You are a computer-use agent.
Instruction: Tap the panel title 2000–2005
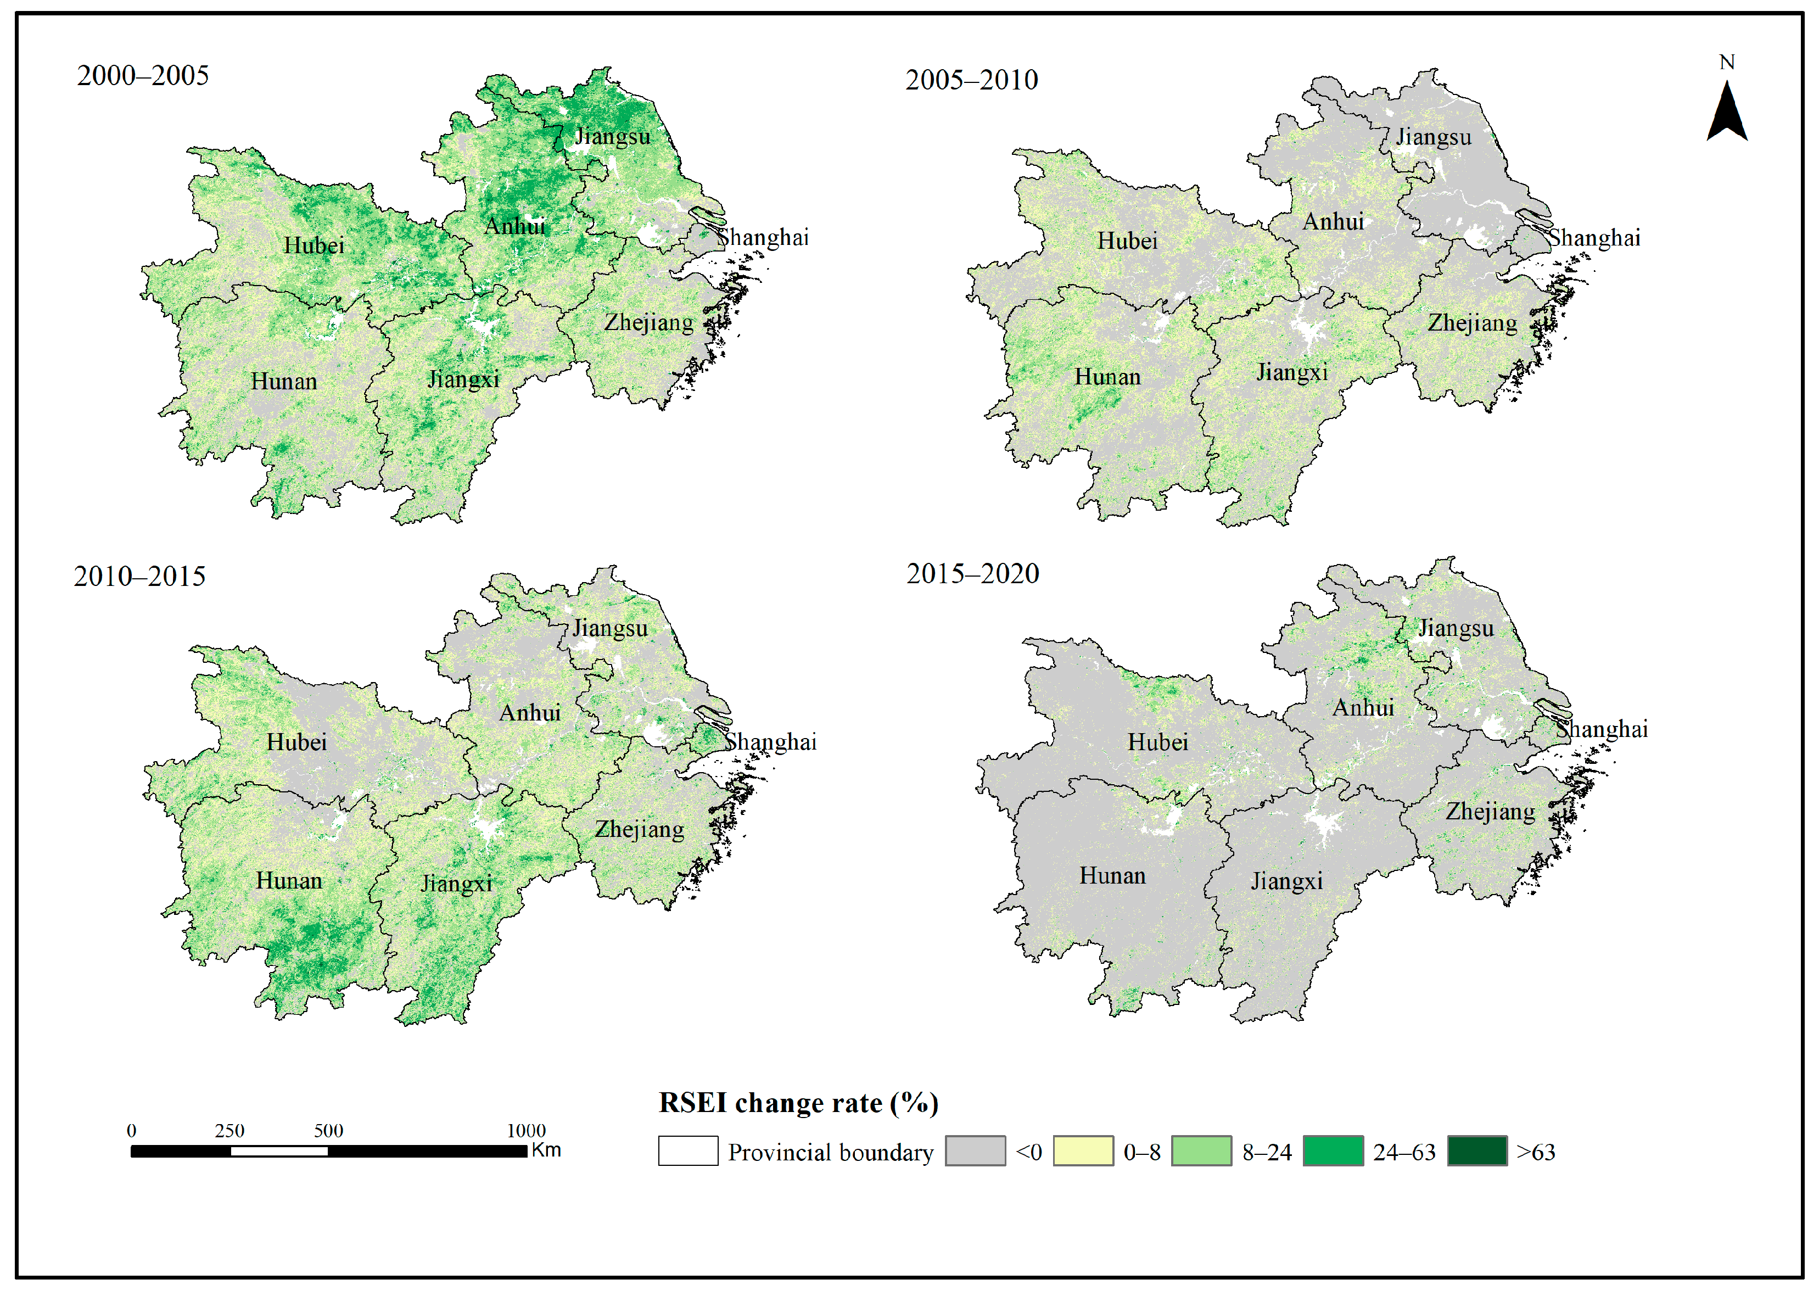[143, 76]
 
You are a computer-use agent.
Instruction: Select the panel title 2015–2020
[972, 574]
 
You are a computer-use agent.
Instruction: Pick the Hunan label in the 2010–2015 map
[289, 881]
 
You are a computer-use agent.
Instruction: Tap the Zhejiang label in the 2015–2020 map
[1490, 812]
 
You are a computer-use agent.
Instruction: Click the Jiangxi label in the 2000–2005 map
[463, 379]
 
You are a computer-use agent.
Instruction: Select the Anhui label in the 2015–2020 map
[1363, 708]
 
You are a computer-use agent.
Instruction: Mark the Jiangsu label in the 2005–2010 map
[1434, 137]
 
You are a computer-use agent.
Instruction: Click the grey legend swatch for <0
[975, 1151]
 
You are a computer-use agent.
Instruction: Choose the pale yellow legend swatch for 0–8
[1083, 1151]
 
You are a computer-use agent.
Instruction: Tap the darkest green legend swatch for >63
[1477, 1151]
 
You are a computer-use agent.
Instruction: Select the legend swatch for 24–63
[1333, 1151]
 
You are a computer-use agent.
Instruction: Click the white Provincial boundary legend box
[688, 1151]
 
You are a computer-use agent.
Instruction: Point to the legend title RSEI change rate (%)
[798, 1103]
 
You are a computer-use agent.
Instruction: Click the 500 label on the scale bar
[328, 1131]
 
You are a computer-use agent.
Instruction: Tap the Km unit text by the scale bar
[546, 1150]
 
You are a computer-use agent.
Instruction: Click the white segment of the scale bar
[279, 1151]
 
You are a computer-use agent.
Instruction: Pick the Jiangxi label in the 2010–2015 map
[456, 884]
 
